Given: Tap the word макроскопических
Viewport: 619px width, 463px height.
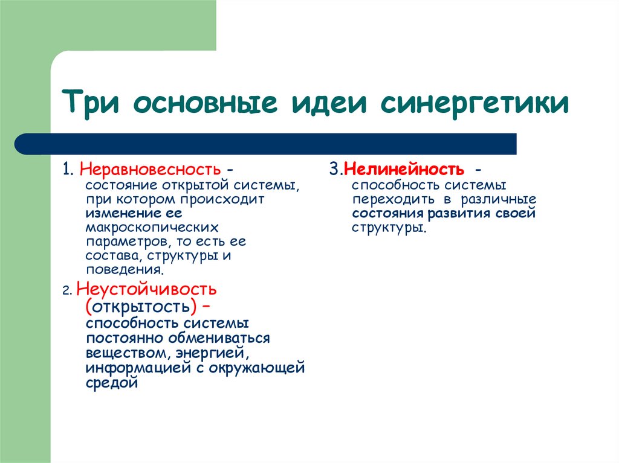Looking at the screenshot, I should click(151, 228).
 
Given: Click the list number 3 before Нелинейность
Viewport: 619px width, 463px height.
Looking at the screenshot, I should click(334, 170).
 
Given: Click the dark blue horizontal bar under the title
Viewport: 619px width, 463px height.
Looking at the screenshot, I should click(266, 144).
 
